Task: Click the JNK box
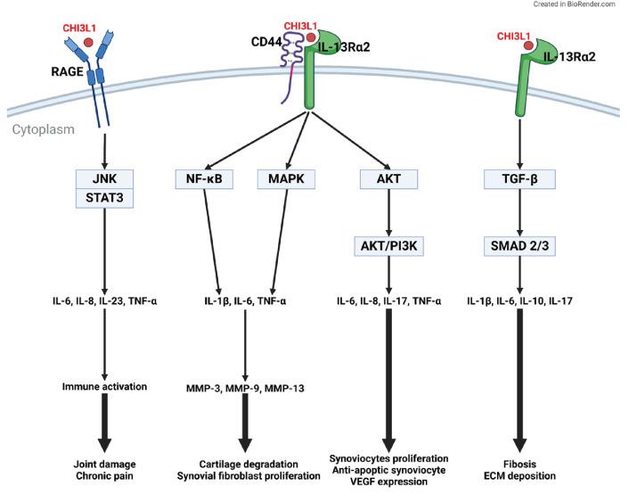pos(104,179)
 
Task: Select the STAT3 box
pos(104,198)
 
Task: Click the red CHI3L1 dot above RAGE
pos(87,41)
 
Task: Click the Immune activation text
pos(104,386)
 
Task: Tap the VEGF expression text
pos(388,482)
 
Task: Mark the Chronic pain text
pos(104,475)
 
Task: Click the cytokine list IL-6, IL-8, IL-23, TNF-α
pos(104,301)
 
